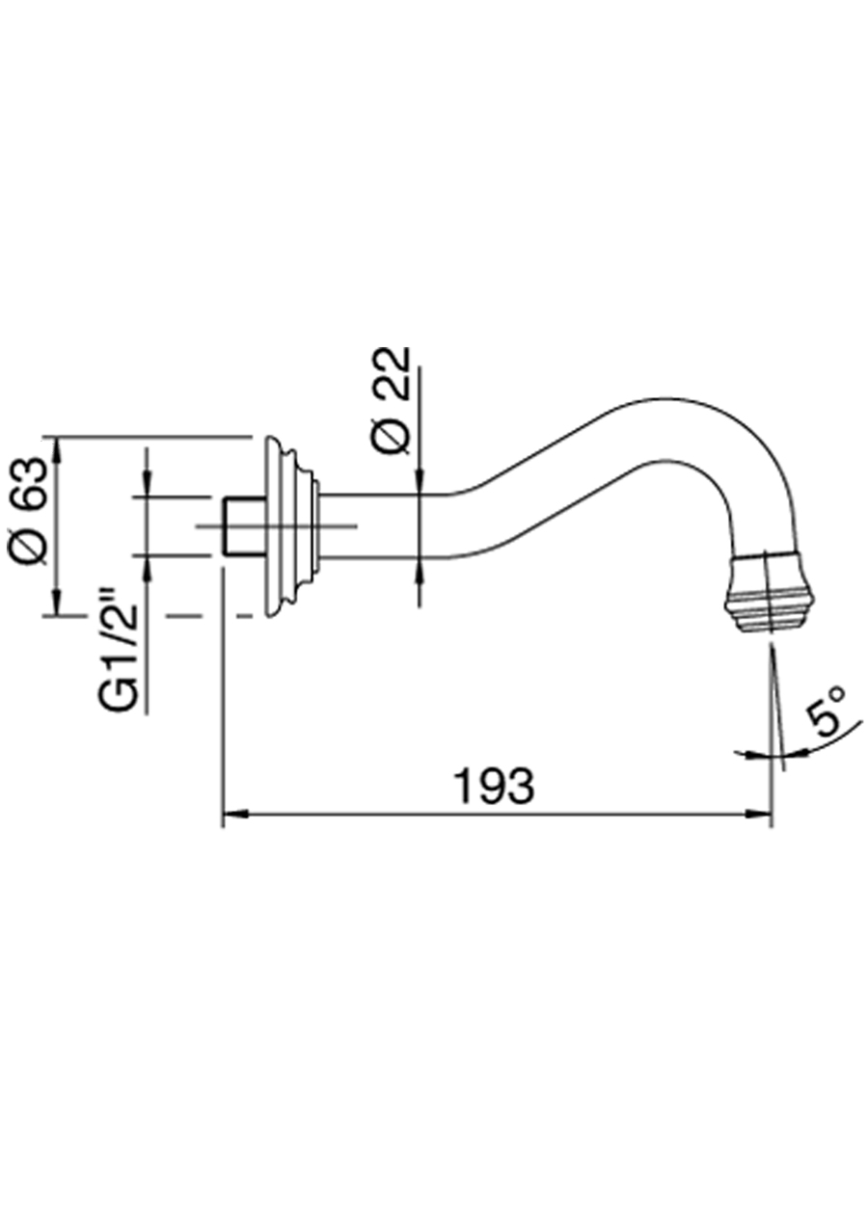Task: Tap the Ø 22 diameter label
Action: [x=393, y=399]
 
